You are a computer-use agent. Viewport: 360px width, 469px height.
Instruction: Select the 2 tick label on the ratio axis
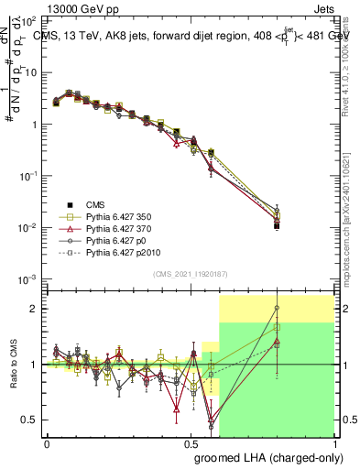point(37,309)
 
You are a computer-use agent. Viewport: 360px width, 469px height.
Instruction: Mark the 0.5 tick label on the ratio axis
point(33,420)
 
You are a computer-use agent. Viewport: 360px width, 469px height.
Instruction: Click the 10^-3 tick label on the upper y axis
point(29,278)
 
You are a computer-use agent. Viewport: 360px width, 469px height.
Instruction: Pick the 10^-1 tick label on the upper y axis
point(29,175)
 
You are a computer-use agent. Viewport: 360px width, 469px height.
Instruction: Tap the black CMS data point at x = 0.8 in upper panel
point(277,224)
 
